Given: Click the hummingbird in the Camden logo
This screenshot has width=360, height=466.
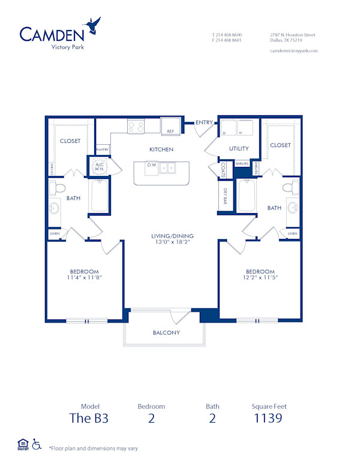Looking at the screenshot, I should (93, 26).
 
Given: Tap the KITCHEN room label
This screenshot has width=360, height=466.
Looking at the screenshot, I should (161, 149).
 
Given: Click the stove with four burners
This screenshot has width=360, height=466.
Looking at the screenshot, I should (136, 126).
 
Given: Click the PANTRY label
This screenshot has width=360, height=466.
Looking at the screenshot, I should (102, 149).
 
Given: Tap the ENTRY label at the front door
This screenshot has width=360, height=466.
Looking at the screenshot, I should (204, 123).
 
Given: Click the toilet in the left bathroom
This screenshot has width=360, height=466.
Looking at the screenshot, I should (58, 188).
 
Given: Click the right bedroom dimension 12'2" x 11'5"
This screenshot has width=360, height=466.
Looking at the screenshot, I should (260, 277).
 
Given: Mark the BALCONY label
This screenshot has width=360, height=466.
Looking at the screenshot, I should (166, 333).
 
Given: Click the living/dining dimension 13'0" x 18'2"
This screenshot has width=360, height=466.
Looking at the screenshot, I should (172, 243).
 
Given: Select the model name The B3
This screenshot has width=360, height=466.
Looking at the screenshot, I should (90, 419).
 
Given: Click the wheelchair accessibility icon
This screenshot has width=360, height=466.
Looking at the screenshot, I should (36, 445).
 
